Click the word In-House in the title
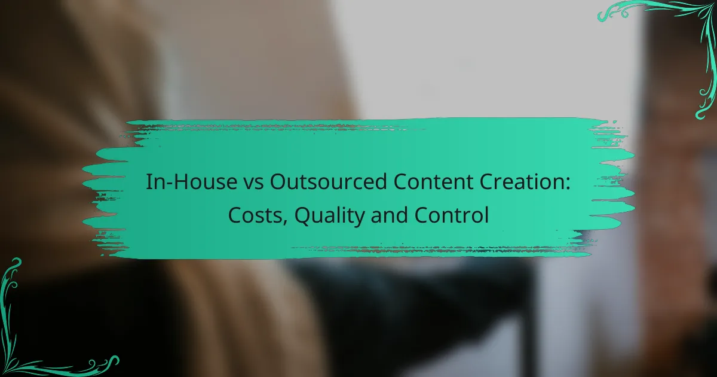(191, 182)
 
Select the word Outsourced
(328, 182)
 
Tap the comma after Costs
(284, 221)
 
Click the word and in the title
(389, 215)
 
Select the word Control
(451, 215)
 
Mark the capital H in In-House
(182, 182)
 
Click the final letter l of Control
(486, 215)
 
